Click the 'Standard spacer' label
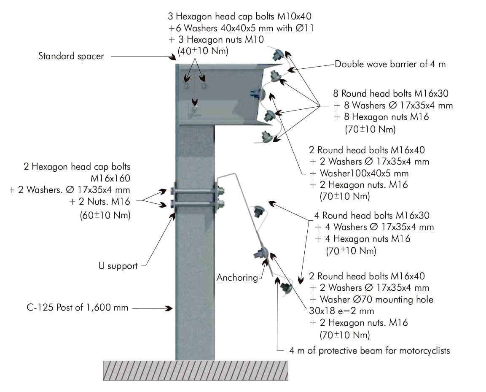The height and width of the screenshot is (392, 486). click(71, 56)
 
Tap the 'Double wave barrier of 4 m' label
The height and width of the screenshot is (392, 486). click(390, 65)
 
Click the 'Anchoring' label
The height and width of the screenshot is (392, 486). click(237, 278)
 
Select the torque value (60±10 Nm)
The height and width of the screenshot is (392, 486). click(105, 215)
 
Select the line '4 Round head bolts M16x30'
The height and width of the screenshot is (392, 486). click(374, 215)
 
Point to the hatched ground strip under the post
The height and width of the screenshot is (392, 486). click(196, 370)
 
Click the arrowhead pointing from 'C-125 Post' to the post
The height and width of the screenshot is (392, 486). click(169, 308)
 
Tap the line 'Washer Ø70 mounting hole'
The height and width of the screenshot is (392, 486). click(371, 300)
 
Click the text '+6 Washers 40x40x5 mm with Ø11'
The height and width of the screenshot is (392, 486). click(239, 28)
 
